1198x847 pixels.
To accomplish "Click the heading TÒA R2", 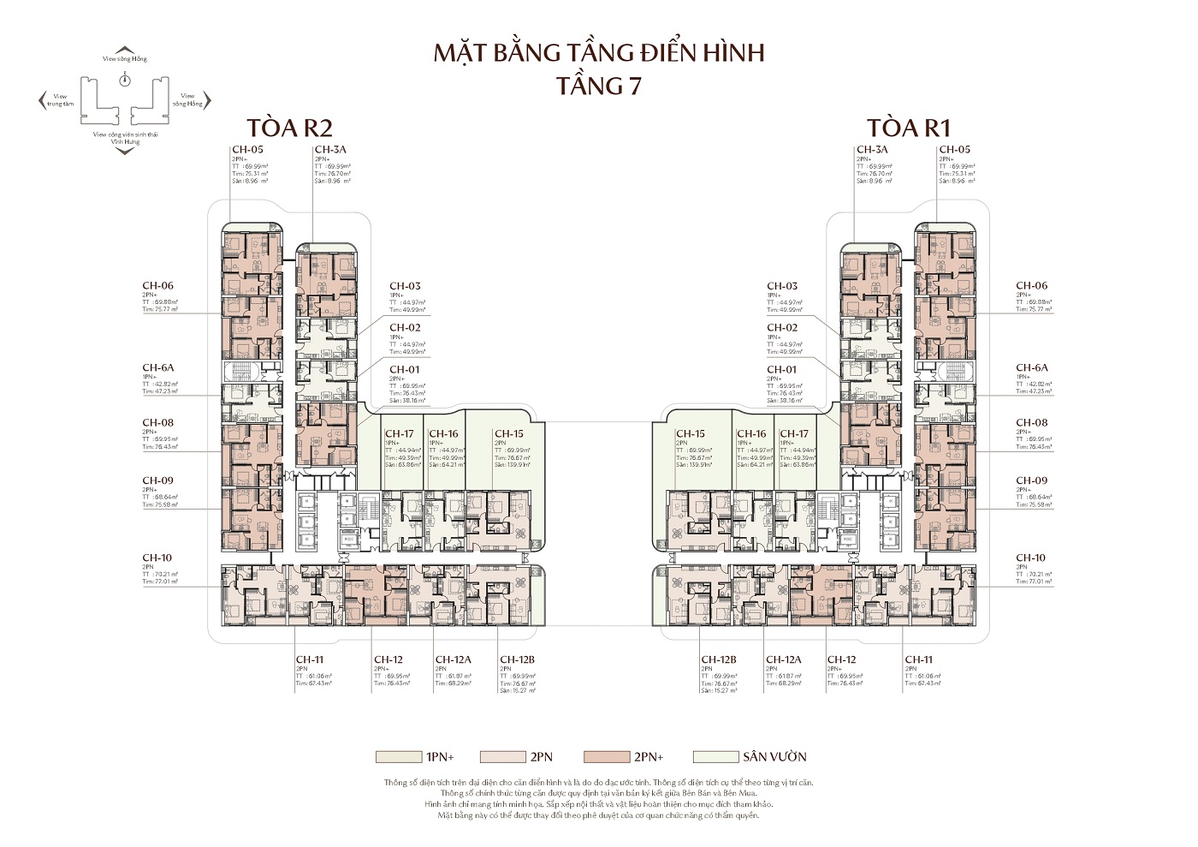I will pos(276,128).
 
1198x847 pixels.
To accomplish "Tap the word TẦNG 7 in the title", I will pos(598,86).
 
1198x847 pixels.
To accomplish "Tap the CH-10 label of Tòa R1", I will pos(1031,558).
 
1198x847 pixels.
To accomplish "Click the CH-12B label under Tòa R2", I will pos(517,659).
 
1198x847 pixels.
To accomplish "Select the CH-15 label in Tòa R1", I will pos(690,434).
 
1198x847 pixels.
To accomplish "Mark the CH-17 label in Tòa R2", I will pos(400,434).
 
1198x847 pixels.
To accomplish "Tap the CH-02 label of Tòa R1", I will pos(782,327).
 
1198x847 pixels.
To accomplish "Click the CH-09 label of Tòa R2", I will pos(158,480).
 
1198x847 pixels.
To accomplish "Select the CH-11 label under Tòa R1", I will pos(919,659).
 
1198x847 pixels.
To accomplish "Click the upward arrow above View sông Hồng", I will pos(125,50).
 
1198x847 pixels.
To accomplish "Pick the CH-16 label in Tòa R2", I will pos(443,434).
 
